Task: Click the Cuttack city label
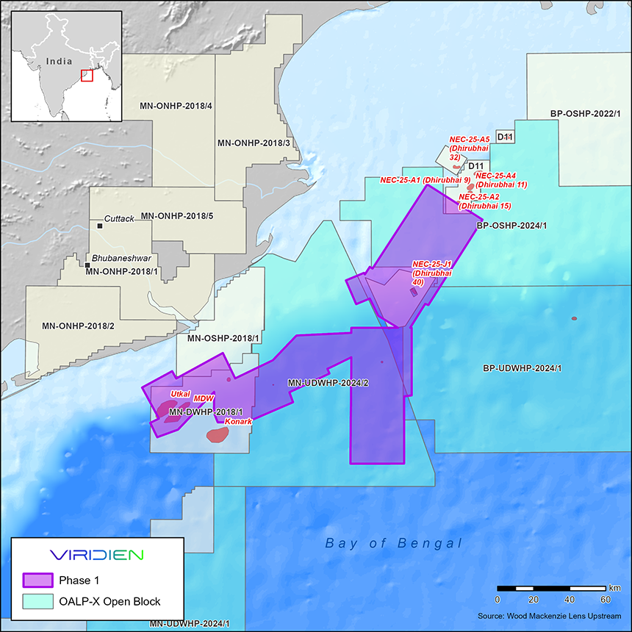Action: point(118,219)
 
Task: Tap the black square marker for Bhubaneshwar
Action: point(87,265)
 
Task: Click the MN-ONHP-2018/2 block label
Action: point(78,326)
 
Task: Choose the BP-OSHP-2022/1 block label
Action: point(585,114)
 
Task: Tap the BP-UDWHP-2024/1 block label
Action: point(521,367)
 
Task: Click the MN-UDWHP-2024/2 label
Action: point(328,383)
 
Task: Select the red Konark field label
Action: point(238,423)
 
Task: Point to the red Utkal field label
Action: point(180,394)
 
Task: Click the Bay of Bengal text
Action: point(394,544)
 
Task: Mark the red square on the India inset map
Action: point(87,75)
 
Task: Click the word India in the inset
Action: point(58,62)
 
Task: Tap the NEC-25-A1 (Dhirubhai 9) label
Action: point(425,180)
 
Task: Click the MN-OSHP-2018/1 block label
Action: point(223,338)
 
